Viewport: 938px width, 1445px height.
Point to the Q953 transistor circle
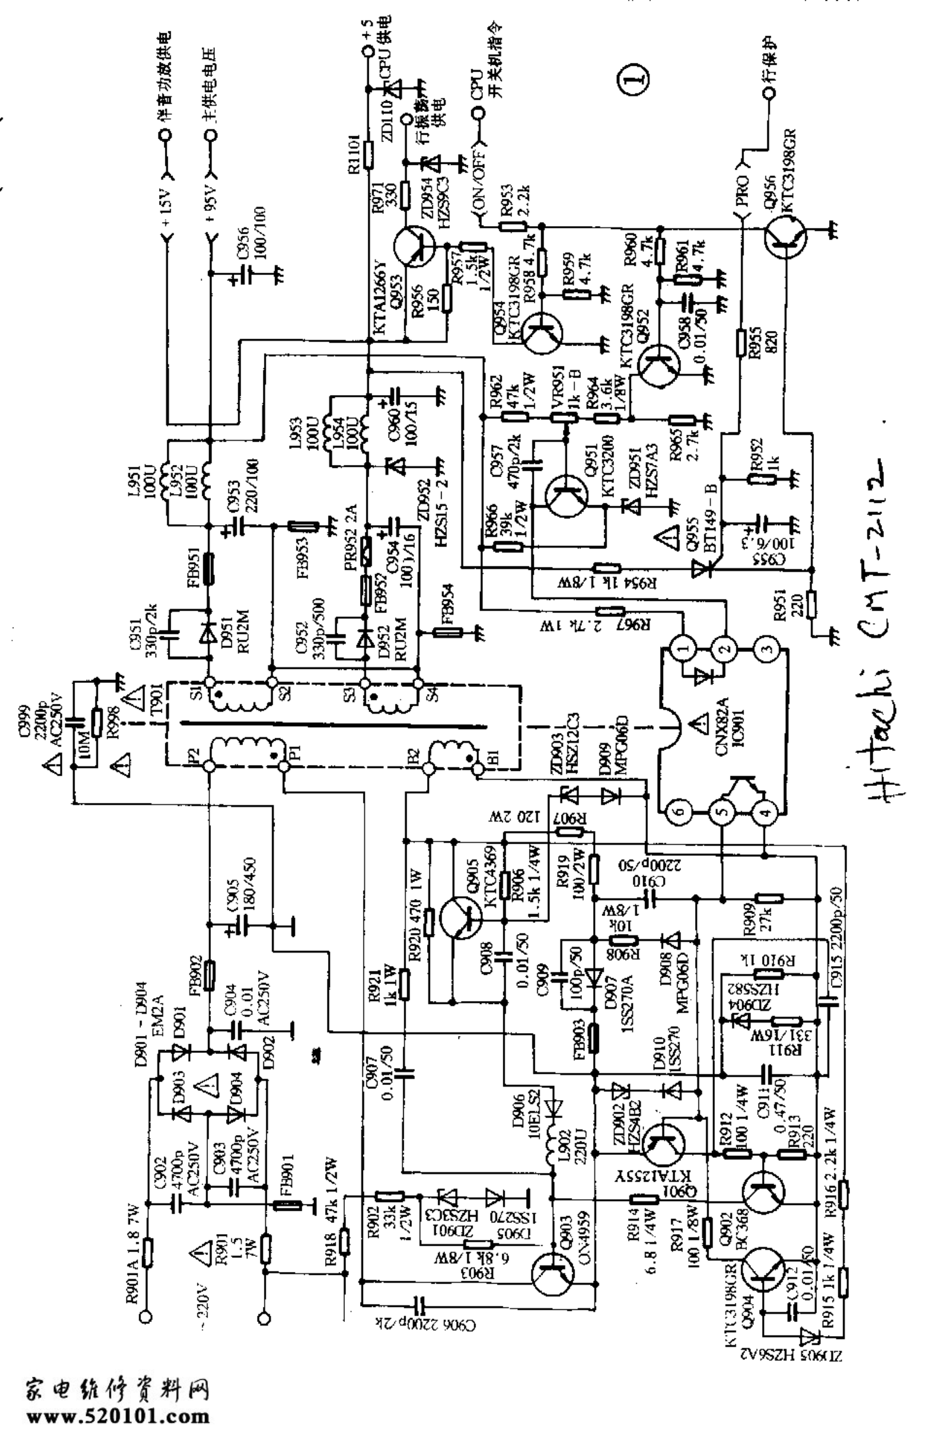(414, 246)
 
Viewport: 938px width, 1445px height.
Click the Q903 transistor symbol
(551, 1275)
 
